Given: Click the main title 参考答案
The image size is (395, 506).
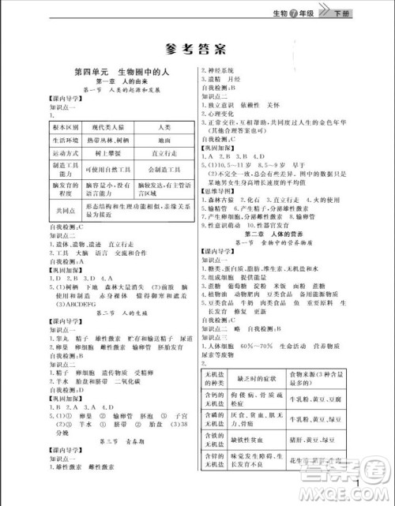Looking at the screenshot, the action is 197,46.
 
